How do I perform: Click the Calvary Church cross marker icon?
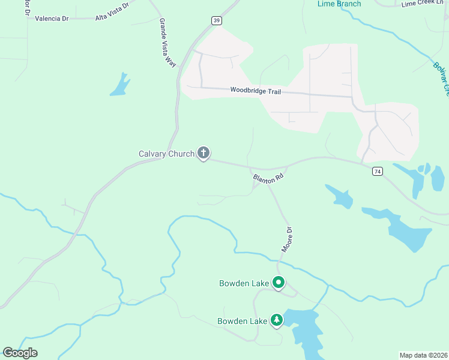(203, 153)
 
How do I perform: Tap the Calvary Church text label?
(166, 154)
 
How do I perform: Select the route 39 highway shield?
(216, 20)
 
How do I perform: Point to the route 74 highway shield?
(377, 171)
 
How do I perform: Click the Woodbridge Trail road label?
(256, 91)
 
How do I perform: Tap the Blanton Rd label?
(268, 179)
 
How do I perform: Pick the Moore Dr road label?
(287, 239)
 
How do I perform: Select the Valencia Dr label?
(52, 19)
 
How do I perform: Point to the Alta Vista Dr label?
(112, 12)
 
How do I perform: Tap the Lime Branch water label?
(339, 4)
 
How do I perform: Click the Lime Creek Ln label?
(423, 3)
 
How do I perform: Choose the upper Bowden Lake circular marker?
(278, 282)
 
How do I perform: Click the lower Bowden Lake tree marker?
(277, 320)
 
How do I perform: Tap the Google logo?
(20, 353)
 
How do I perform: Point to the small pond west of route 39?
(120, 85)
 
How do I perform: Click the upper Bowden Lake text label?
(244, 283)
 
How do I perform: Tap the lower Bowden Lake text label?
(242, 321)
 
